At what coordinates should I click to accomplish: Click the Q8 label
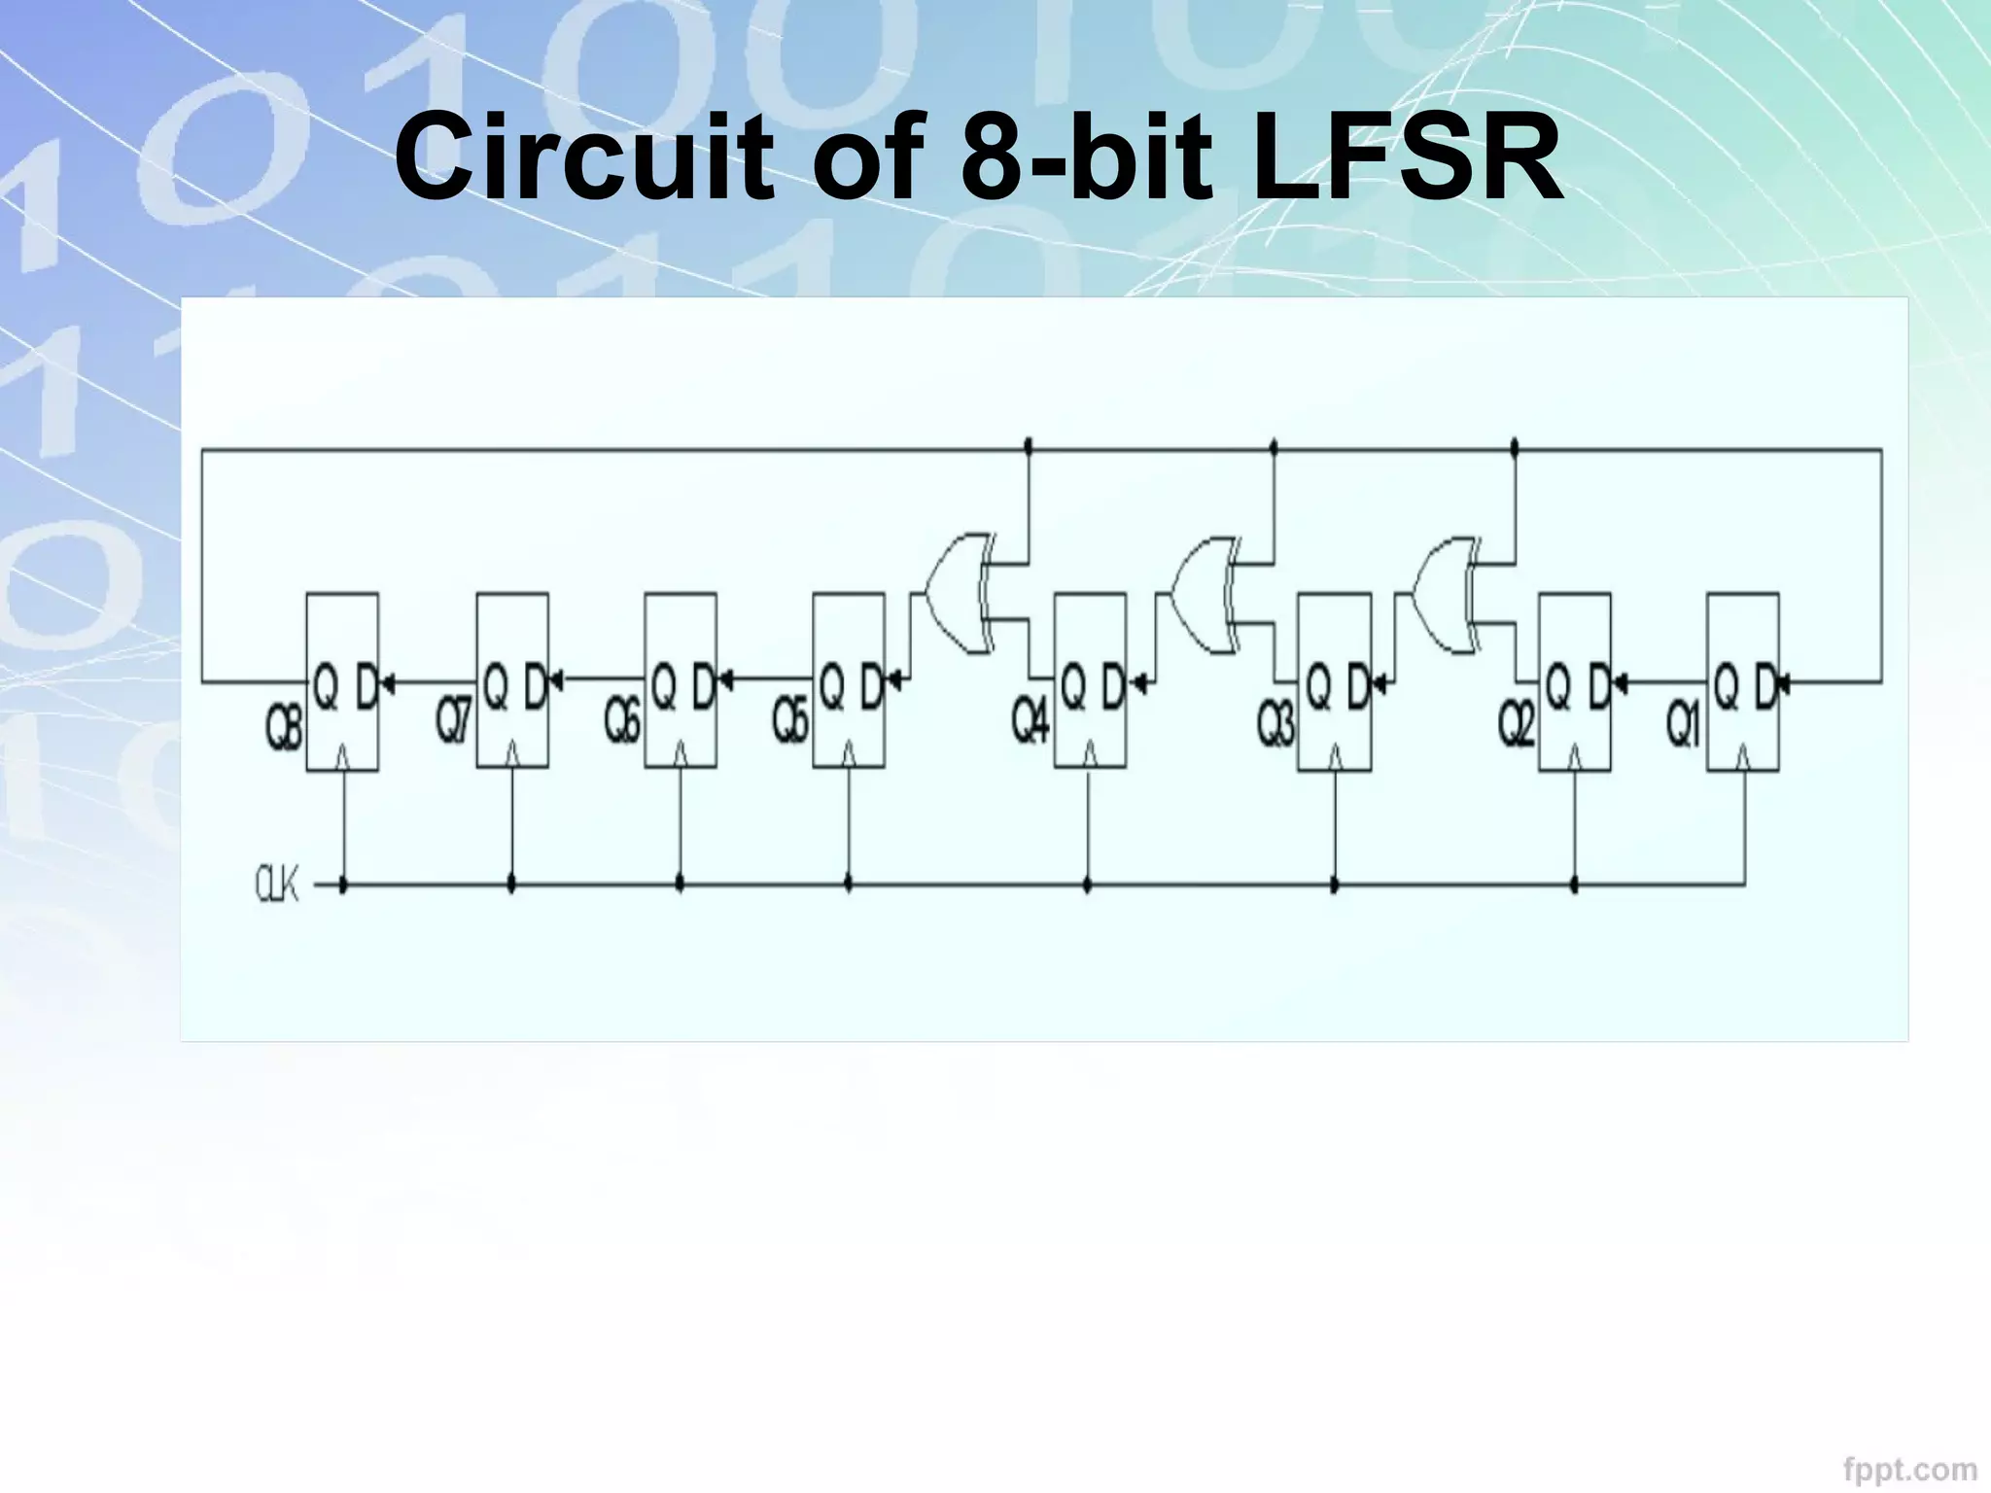click(x=283, y=729)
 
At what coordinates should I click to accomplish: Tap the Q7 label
click(x=453, y=722)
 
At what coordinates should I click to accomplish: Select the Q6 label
click(x=622, y=722)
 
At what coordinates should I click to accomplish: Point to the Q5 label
click(x=790, y=722)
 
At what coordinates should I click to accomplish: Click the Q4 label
click(x=1030, y=722)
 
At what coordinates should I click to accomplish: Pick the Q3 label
click(x=1275, y=724)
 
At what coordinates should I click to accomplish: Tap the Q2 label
click(x=1516, y=724)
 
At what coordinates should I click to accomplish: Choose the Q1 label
click(x=1684, y=724)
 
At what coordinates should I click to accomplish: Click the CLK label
click(x=277, y=885)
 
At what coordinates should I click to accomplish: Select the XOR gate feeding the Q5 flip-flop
click(x=958, y=593)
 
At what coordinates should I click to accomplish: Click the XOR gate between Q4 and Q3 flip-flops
click(x=1204, y=593)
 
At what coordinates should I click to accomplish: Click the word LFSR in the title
click(x=1407, y=157)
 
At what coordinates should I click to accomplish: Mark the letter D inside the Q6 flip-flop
click(x=703, y=688)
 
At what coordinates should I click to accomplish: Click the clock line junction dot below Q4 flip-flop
click(x=1088, y=885)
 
